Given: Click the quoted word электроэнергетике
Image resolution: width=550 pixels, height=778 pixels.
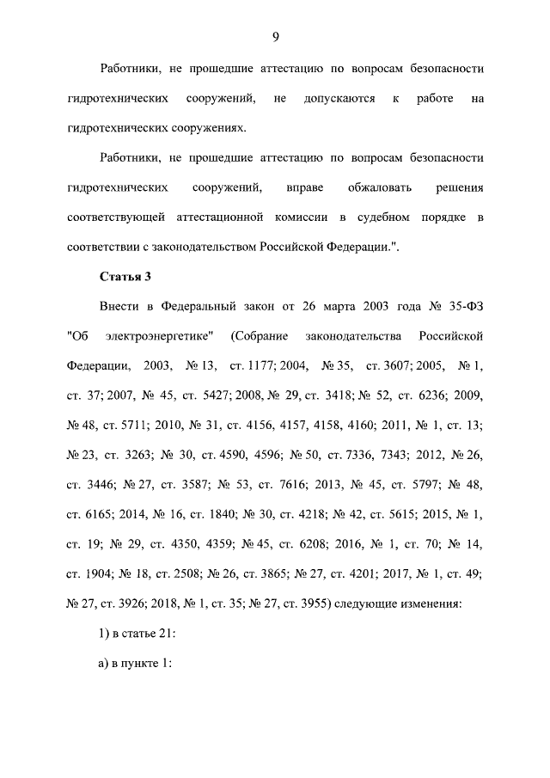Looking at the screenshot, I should click(162, 334).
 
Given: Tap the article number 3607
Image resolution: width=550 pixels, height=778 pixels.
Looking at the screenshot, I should click(400, 364).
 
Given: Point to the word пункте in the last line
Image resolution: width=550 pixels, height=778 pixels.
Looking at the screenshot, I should click(135, 665).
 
